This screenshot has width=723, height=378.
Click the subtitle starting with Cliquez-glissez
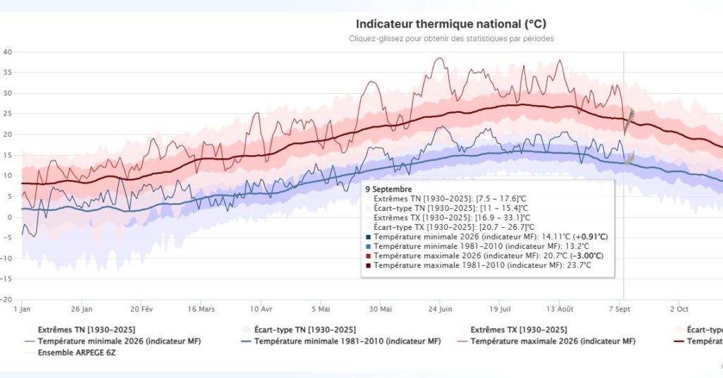451,39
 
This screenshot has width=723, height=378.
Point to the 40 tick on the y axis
7,52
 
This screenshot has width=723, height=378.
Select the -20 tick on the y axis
6,299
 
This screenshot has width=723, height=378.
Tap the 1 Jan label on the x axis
22,309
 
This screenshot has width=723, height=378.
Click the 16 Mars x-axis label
201,309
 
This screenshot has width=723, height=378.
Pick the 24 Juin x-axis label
440,309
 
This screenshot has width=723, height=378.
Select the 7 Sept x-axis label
619,309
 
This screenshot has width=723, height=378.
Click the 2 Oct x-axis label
679,309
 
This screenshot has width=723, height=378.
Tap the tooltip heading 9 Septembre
389,189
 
